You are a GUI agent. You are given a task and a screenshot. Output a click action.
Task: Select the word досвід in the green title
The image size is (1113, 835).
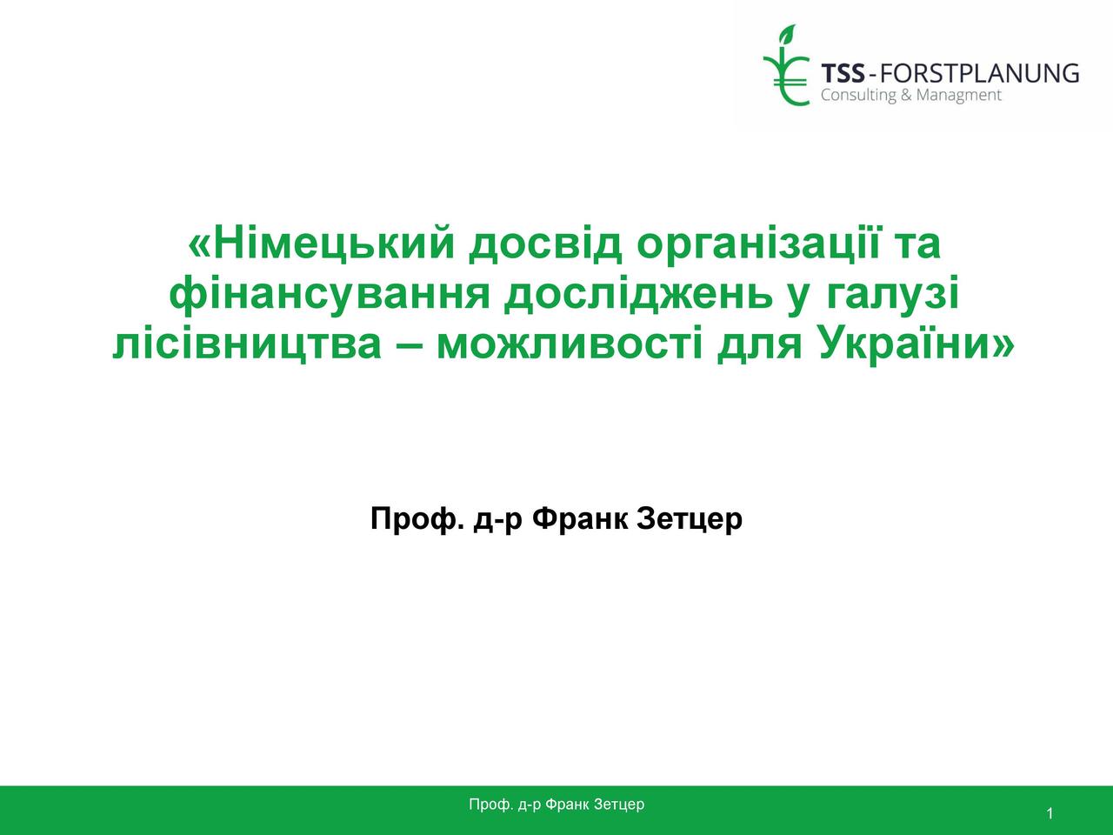coord(545,246)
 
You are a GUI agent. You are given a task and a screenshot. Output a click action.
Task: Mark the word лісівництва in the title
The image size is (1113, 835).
coord(247,344)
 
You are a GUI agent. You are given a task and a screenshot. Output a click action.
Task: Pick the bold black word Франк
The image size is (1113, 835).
coord(580,519)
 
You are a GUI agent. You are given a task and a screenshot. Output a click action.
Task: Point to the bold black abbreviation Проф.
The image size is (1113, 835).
coord(417,519)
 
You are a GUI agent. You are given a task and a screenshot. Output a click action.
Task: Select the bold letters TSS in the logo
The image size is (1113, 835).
coord(843,73)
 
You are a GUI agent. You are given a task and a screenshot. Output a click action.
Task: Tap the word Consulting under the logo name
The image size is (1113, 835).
coord(852,95)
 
